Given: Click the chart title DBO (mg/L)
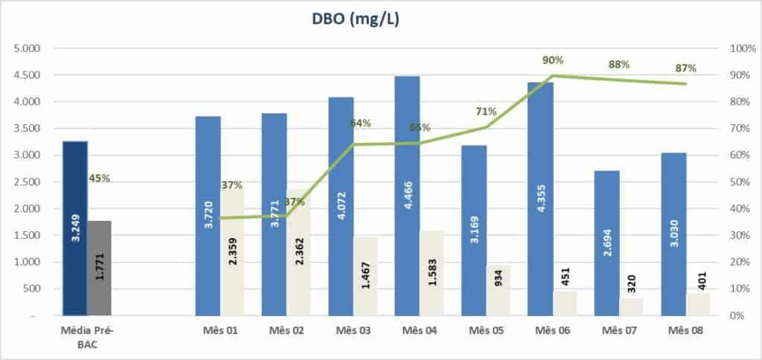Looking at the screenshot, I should tap(356, 20).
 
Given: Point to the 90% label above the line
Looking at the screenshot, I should tap(551, 60).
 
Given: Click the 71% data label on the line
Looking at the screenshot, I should tap(487, 112).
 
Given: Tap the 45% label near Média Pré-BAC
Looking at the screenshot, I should tap(99, 178).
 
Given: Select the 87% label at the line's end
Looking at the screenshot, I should tap(685, 68).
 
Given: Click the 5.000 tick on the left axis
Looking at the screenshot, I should tap(25, 48).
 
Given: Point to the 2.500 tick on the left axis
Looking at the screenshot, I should tap(25, 182).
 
